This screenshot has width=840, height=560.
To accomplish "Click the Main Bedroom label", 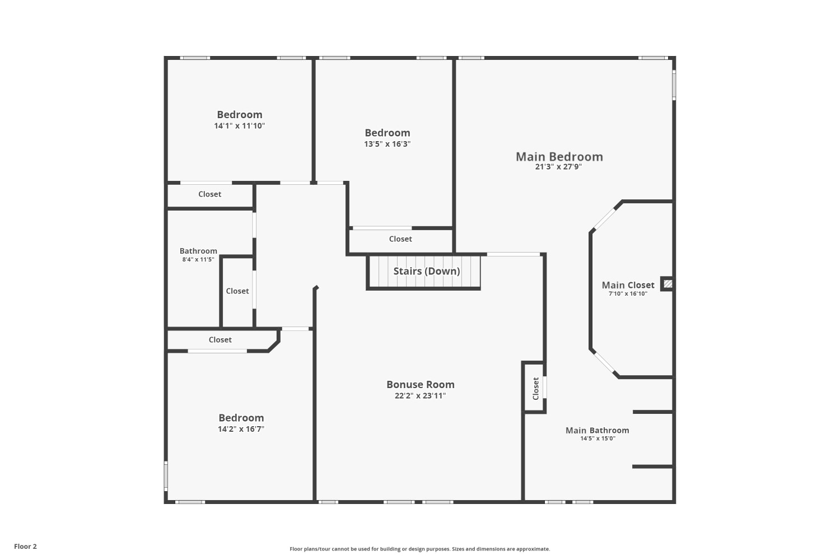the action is (559, 157).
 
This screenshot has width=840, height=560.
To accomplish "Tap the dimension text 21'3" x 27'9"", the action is (558, 167).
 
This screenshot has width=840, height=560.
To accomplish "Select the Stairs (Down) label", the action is (426, 271).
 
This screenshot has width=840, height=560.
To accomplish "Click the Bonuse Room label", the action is (421, 385).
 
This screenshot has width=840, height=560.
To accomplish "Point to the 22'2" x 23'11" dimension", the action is (420, 396).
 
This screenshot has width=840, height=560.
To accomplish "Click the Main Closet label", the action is (628, 285).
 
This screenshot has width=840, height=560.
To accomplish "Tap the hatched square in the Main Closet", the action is (668, 284).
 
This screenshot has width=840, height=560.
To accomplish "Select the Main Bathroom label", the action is (598, 430).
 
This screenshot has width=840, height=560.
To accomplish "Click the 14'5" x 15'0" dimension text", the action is (598, 438).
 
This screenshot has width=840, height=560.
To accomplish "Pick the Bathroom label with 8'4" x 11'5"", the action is (198, 251).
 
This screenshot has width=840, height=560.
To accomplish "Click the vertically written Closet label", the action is (535, 389).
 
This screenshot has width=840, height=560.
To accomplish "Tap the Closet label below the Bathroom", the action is (220, 340).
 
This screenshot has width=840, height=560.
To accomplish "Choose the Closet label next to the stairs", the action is (400, 239).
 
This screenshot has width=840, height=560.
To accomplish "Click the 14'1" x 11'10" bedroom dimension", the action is (239, 125).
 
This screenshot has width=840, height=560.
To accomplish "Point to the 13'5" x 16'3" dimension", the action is (388, 144).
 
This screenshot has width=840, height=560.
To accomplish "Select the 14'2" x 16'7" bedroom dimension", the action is (241, 429).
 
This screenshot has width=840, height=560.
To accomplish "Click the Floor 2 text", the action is (26, 547).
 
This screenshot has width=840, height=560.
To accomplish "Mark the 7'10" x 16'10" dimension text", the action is (628, 293).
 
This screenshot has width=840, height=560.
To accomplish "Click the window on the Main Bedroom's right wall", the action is (674, 85).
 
